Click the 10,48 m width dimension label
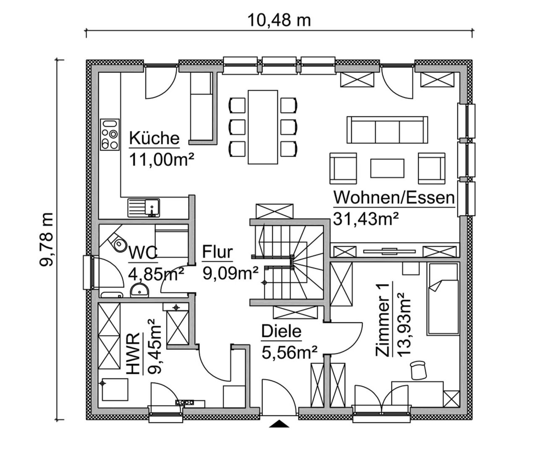click(279, 21)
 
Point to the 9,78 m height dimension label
click(46, 240)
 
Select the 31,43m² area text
click(366, 219)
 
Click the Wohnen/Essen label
click(394, 198)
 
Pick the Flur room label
click(217, 252)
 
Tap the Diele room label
click(281, 331)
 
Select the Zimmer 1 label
click(382, 319)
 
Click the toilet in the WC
click(117, 242)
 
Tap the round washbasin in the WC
click(139, 290)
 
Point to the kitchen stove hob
click(110, 135)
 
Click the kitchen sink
click(144, 208)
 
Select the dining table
click(263, 127)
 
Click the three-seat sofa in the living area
click(387, 130)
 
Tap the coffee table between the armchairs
click(387, 168)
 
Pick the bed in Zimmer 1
click(443, 299)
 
